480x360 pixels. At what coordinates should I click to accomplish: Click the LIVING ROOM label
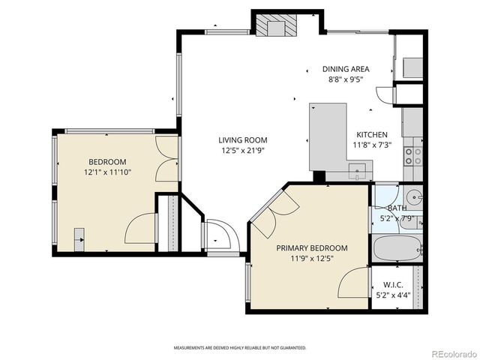click(242, 140)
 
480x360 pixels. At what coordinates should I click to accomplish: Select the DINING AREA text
click(346, 69)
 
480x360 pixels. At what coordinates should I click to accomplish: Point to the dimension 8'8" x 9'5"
click(346, 79)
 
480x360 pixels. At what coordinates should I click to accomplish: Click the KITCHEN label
click(372, 134)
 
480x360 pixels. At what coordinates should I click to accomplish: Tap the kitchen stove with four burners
click(413, 156)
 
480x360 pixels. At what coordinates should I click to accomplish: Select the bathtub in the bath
click(397, 247)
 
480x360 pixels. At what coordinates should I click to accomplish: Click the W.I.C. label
click(394, 284)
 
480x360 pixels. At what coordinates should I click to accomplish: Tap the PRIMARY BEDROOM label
click(311, 248)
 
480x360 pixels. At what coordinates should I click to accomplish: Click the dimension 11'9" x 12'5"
click(311, 259)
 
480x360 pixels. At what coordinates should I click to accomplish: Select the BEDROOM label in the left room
click(107, 162)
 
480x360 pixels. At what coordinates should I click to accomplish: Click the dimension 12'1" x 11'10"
click(107, 172)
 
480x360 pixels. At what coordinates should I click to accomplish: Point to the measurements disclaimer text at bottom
click(240, 348)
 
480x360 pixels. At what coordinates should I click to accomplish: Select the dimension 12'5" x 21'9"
click(242, 151)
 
